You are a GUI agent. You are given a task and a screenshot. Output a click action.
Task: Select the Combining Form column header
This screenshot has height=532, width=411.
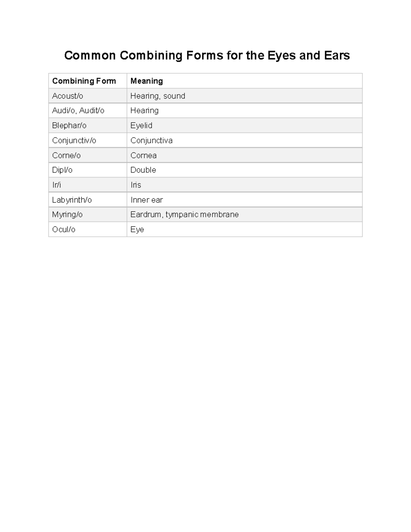tap(84, 81)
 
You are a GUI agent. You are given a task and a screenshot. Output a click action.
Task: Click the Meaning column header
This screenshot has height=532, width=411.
tap(147, 81)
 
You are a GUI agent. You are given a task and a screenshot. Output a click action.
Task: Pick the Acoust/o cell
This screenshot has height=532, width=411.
tap(67, 96)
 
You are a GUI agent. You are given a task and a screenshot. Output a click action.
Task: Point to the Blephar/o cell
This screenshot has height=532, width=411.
tap(69, 125)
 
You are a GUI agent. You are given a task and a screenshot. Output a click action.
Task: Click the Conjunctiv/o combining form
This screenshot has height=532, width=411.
tap(74, 140)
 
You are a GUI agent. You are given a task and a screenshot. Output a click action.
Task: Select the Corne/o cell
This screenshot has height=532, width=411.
tap(66, 156)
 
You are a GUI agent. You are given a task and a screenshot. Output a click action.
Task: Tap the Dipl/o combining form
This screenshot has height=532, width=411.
tap(62, 170)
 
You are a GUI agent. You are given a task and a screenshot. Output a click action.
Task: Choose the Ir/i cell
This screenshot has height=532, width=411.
tap(57, 185)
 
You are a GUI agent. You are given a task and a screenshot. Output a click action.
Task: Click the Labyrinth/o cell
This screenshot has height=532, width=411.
tap(72, 200)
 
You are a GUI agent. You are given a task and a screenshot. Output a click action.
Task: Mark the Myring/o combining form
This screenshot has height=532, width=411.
tap(67, 214)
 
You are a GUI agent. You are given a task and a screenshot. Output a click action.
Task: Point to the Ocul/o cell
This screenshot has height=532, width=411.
tap(64, 230)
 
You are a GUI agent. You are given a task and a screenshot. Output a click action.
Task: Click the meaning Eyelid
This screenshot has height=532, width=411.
tap(141, 125)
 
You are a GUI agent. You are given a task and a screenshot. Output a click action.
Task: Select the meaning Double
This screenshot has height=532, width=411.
tap(143, 170)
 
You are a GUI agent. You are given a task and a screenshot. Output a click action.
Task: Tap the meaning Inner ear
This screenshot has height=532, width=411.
tap(147, 200)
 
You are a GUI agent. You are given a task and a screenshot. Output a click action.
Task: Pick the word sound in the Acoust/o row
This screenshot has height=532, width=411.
tap(174, 96)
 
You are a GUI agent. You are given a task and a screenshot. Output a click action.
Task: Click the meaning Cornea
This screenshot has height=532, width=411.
tap(144, 156)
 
